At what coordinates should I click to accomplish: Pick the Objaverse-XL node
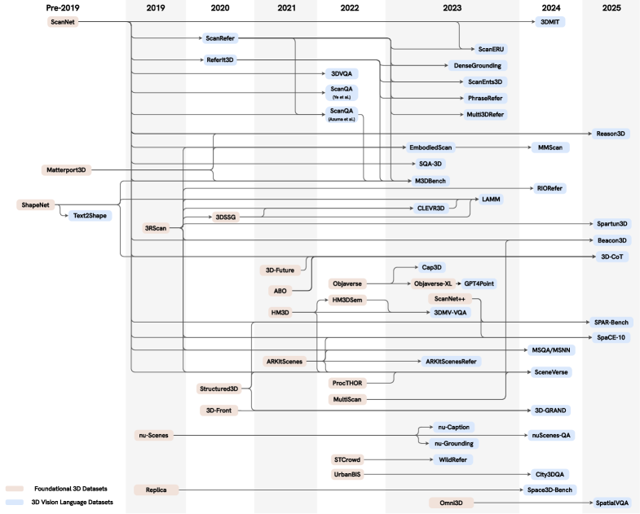(x=435, y=283)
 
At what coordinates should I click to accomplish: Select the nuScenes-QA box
(x=552, y=436)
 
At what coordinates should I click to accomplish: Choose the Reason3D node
(x=611, y=134)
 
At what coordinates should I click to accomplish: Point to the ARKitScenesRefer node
(x=450, y=361)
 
